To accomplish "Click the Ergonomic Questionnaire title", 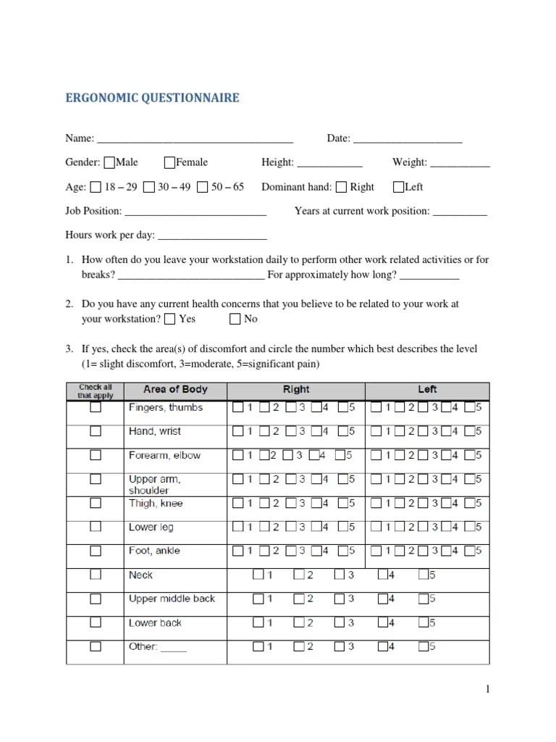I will [152, 98].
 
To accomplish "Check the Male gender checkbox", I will [109, 162].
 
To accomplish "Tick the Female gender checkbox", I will [169, 162].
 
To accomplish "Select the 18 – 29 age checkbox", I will [96, 187].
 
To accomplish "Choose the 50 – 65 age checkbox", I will [202, 187].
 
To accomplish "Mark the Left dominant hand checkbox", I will [398, 187].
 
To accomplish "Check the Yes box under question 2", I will [169, 319].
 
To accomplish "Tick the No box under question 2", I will [235, 319].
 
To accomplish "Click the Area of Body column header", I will [175, 390].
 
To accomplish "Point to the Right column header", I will [296, 390].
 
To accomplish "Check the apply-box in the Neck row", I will [96, 575].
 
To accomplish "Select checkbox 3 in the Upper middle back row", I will [339, 599].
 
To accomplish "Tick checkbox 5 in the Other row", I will [424, 646].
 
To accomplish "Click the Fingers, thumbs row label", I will [165, 408].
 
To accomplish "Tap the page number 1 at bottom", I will [488, 689].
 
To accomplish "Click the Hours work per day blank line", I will [211, 236].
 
